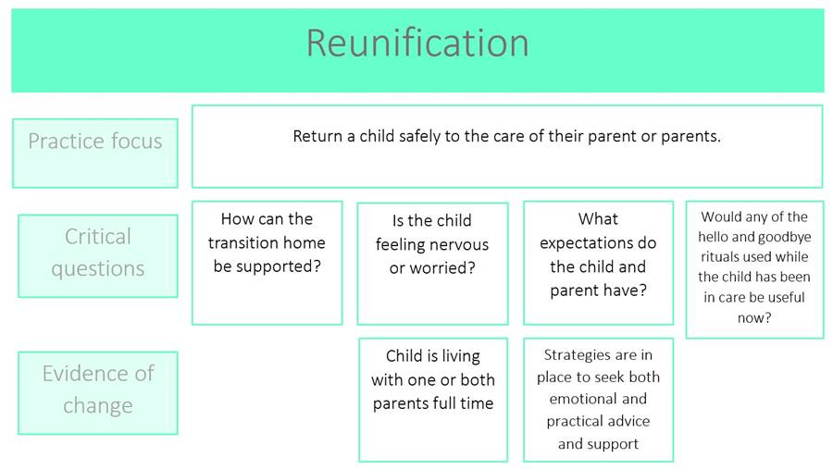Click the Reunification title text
pos(417,43)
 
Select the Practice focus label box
pos(95,153)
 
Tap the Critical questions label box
pos(98,256)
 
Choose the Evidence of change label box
pos(98,393)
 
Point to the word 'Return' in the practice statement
pos(317,137)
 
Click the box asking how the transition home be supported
pos(267,263)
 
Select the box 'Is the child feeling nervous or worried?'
pos(432,264)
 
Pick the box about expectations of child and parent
pos(598,263)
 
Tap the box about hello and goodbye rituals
pos(754,269)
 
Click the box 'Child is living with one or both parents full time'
pos(433,400)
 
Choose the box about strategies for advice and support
pos(598,400)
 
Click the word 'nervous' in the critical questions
pos(459,245)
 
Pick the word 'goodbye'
pos(781,238)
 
